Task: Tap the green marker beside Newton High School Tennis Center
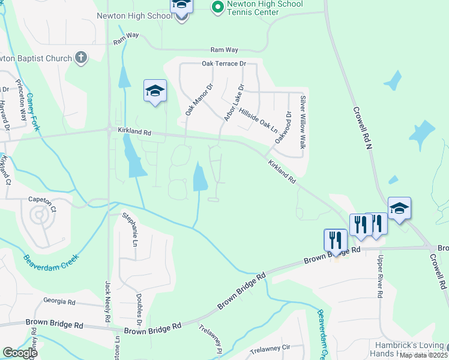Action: coord(217,7)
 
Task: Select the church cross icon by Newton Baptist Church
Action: coord(80,58)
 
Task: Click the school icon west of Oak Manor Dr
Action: coord(155,91)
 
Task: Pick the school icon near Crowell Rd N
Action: coord(399,208)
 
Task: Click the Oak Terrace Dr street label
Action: coord(224,64)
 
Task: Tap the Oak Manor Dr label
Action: coord(199,100)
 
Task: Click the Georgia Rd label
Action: coord(59,302)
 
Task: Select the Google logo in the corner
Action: coord(20,353)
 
